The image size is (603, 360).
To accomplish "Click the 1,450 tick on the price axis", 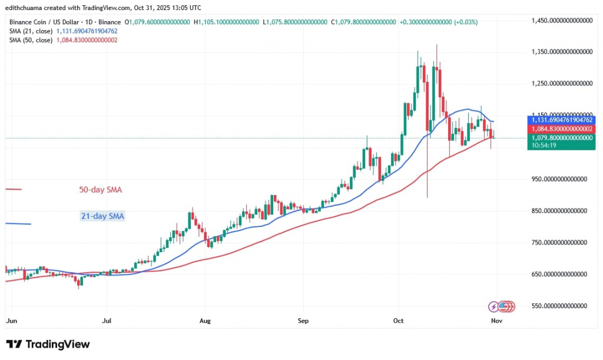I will [x=561, y=21].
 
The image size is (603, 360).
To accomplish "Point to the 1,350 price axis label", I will [x=561, y=52].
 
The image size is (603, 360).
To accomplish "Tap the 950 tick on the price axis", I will [x=561, y=179].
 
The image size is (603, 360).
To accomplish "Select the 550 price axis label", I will [x=561, y=306].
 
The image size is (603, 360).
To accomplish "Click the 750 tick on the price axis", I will [x=561, y=242].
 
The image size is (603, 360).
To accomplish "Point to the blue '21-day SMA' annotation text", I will [x=102, y=216].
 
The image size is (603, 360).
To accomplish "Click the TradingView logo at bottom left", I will [x=48, y=344].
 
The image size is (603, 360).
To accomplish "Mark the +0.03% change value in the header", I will [x=466, y=22].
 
